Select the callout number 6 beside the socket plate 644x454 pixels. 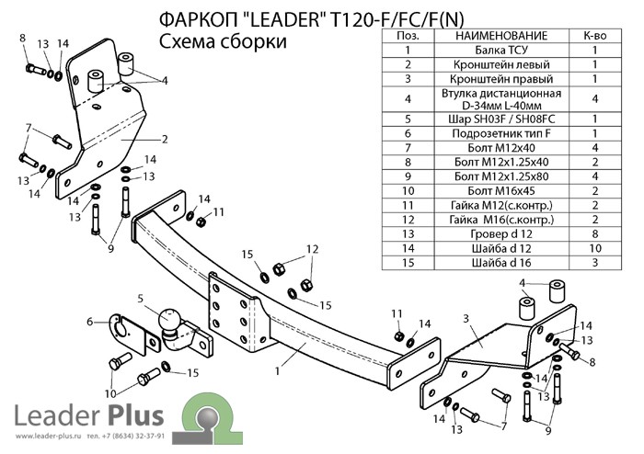[x=91, y=321]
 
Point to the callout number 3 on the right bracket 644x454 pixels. [x=466, y=317]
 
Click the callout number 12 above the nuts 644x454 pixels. [x=312, y=249]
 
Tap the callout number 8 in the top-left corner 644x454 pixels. [x=22, y=37]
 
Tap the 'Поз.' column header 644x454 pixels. [x=408, y=35]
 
